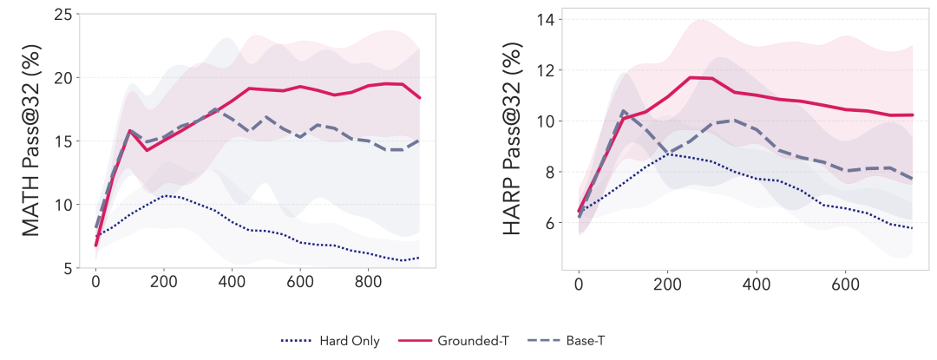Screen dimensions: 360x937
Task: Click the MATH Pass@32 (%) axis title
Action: coord(31,144)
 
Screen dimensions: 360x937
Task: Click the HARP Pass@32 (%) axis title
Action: coord(514,144)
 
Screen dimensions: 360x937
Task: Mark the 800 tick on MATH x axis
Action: coord(368,284)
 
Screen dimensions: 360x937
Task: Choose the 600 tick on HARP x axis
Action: coord(847,284)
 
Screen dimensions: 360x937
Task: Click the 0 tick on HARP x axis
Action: coord(579,284)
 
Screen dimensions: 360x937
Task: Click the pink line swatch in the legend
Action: coord(413,341)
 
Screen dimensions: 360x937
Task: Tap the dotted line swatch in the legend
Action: coord(297,341)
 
